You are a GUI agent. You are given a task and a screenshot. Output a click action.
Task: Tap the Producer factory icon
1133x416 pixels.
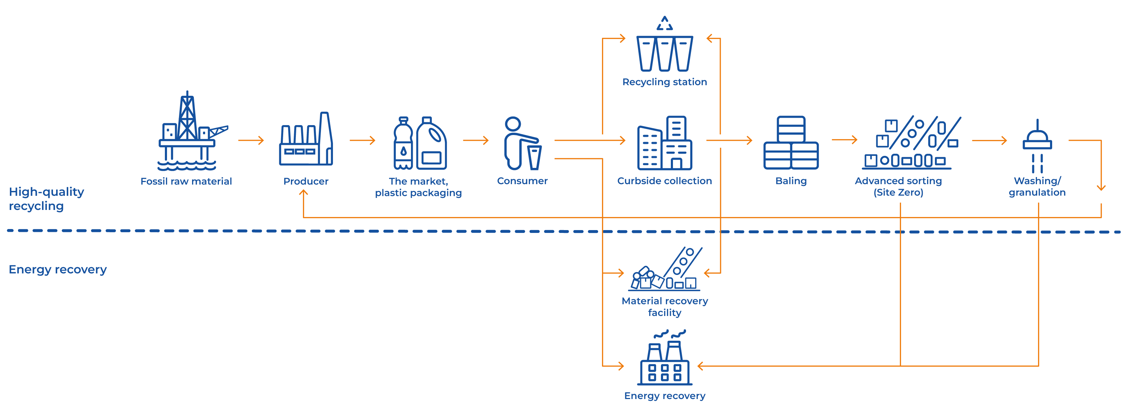click(306, 140)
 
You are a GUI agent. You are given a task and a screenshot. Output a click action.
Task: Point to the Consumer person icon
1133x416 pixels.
click(521, 143)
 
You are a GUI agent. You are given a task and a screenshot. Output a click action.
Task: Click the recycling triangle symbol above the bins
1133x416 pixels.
click(664, 23)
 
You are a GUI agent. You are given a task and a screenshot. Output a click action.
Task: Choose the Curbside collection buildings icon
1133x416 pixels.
click(664, 143)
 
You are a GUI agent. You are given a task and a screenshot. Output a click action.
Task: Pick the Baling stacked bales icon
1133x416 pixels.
click(791, 143)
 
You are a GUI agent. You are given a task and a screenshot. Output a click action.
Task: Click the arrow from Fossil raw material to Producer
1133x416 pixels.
click(251, 140)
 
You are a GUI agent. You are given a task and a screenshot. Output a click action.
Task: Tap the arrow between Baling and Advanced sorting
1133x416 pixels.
click(845, 140)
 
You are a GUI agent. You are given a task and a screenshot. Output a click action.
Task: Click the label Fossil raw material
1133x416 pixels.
click(186, 181)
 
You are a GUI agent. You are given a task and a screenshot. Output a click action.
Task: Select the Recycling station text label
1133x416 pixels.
click(664, 82)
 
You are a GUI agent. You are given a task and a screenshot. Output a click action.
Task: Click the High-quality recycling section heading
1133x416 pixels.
click(46, 199)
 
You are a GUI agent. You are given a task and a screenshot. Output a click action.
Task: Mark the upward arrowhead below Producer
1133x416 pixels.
click(304, 193)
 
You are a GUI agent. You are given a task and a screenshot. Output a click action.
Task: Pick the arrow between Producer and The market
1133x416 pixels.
click(362, 140)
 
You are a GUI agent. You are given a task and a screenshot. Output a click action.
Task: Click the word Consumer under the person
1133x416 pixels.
click(522, 181)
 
